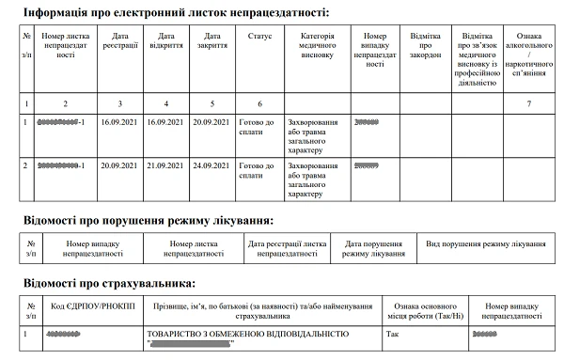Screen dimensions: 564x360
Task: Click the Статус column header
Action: click(x=259, y=35)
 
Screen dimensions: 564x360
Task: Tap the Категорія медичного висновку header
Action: click(x=317, y=44)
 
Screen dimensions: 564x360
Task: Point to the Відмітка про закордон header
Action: click(x=426, y=44)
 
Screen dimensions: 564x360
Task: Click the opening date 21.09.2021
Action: click(x=165, y=165)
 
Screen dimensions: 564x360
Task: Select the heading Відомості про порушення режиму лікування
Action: click(x=149, y=221)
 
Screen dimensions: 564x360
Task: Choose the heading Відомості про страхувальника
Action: click(x=109, y=283)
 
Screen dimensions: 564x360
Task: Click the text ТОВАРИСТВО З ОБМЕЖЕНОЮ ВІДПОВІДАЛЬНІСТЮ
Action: click(x=246, y=334)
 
